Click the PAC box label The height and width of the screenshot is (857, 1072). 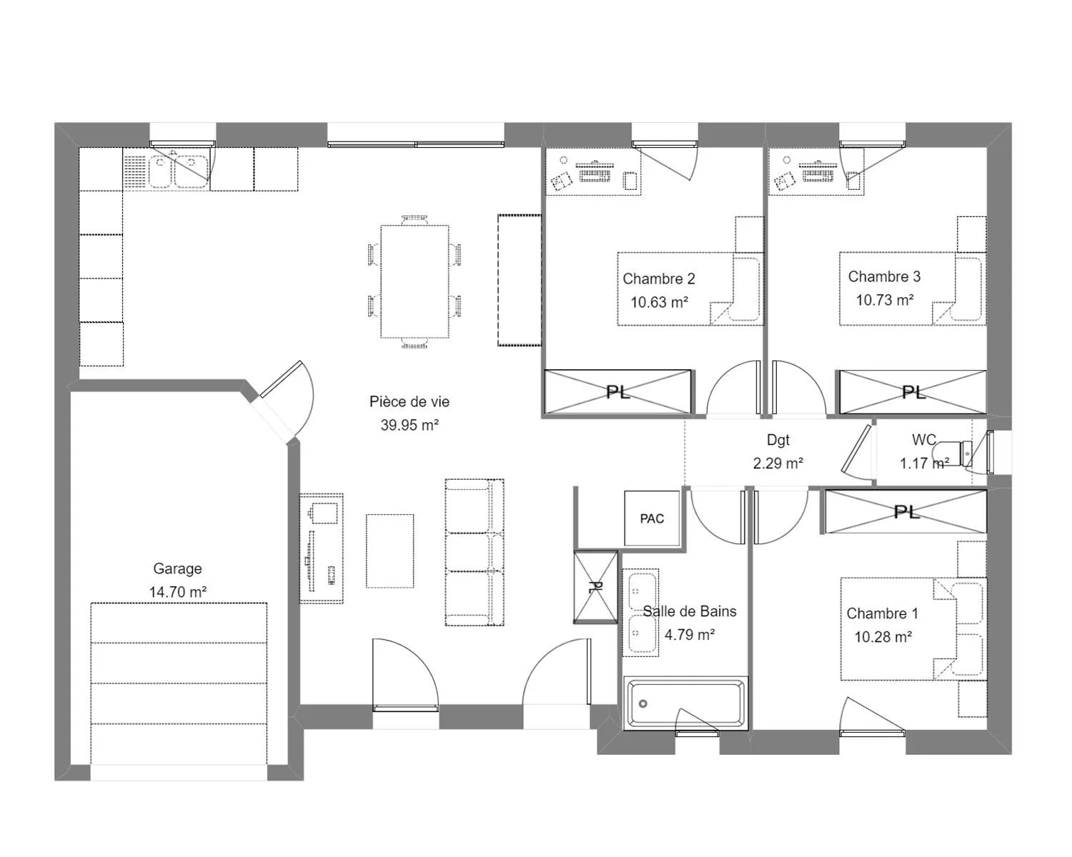coord(652,519)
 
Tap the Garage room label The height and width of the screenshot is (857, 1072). coord(177,568)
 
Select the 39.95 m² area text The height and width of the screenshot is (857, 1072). coord(410,425)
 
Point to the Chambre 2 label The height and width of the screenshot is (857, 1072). coord(658,279)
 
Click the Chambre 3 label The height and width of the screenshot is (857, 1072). coord(884,276)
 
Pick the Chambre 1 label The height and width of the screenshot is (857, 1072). coord(882,613)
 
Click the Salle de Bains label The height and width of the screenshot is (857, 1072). coord(690,611)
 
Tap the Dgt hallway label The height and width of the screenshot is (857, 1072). coord(778,440)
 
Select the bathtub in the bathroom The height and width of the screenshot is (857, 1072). coord(686,703)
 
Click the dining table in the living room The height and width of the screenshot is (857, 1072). coord(415,281)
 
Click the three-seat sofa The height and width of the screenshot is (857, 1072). coord(475,552)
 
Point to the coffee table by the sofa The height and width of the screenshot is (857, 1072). coord(389,551)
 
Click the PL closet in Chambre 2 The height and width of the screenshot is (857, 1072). coord(617,392)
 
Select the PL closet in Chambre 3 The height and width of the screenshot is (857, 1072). coord(913,392)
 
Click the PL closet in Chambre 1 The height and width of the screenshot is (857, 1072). coord(906,511)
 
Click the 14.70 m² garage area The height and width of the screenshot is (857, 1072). coord(177,591)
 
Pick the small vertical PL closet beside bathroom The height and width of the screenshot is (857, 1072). coord(595,587)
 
